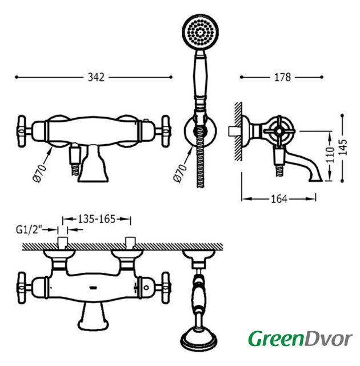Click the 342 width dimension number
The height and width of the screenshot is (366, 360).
pyautogui.click(x=96, y=77)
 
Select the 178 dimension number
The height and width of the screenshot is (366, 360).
pyautogui.click(x=283, y=77)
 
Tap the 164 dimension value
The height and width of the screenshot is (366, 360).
pyautogui.click(x=279, y=199)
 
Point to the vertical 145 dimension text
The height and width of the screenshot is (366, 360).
pyautogui.click(x=342, y=147)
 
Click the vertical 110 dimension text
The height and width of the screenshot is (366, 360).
pyautogui.click(x=330, y=155)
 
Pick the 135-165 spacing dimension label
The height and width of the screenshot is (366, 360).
pyautogui.click(x=97, y=219)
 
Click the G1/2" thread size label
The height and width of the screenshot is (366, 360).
pyautogui.click(x=29, y=230)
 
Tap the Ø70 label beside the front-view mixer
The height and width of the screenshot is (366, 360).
pyautogui.click(x=39, y=173)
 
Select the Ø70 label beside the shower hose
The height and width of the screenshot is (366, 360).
pyautogui.click(x=180, y=173)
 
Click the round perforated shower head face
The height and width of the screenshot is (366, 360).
pyautogui.click(x=200, y=32)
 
